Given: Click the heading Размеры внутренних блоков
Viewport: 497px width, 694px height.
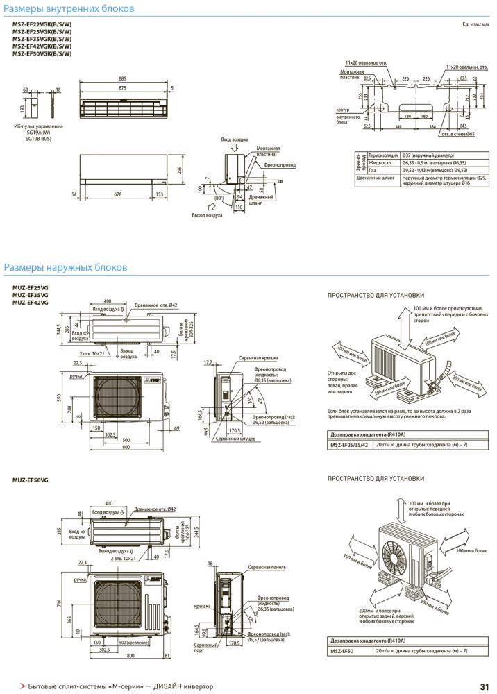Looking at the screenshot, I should tap(69, 9).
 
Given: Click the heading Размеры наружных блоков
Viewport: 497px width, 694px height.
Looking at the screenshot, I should tap(66, 267).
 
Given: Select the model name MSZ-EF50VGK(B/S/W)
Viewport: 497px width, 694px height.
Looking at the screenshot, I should tap(42, 53).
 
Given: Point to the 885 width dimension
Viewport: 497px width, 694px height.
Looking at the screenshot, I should tap(122, 78).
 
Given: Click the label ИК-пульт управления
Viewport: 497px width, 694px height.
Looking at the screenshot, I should tap(39, 126).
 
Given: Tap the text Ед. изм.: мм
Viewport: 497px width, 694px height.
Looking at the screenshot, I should tap(475, 24).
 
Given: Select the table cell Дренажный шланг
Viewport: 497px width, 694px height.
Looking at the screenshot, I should tap(376, 178).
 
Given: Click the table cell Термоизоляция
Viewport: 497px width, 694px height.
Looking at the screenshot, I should tap(382, 155).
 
